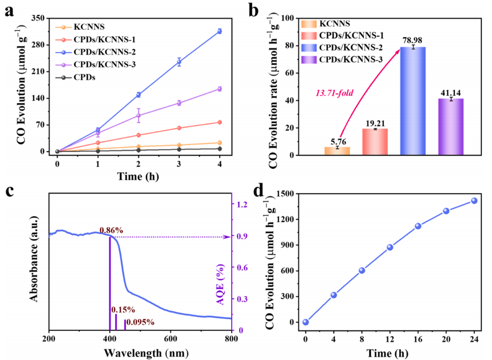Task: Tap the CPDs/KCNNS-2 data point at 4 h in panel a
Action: (219, 31)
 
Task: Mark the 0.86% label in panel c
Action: (112, 230)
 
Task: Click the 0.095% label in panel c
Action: (140, 322)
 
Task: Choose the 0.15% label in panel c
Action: (123, 310)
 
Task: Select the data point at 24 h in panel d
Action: (474, 201)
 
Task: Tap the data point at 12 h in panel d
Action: (389, 247)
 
